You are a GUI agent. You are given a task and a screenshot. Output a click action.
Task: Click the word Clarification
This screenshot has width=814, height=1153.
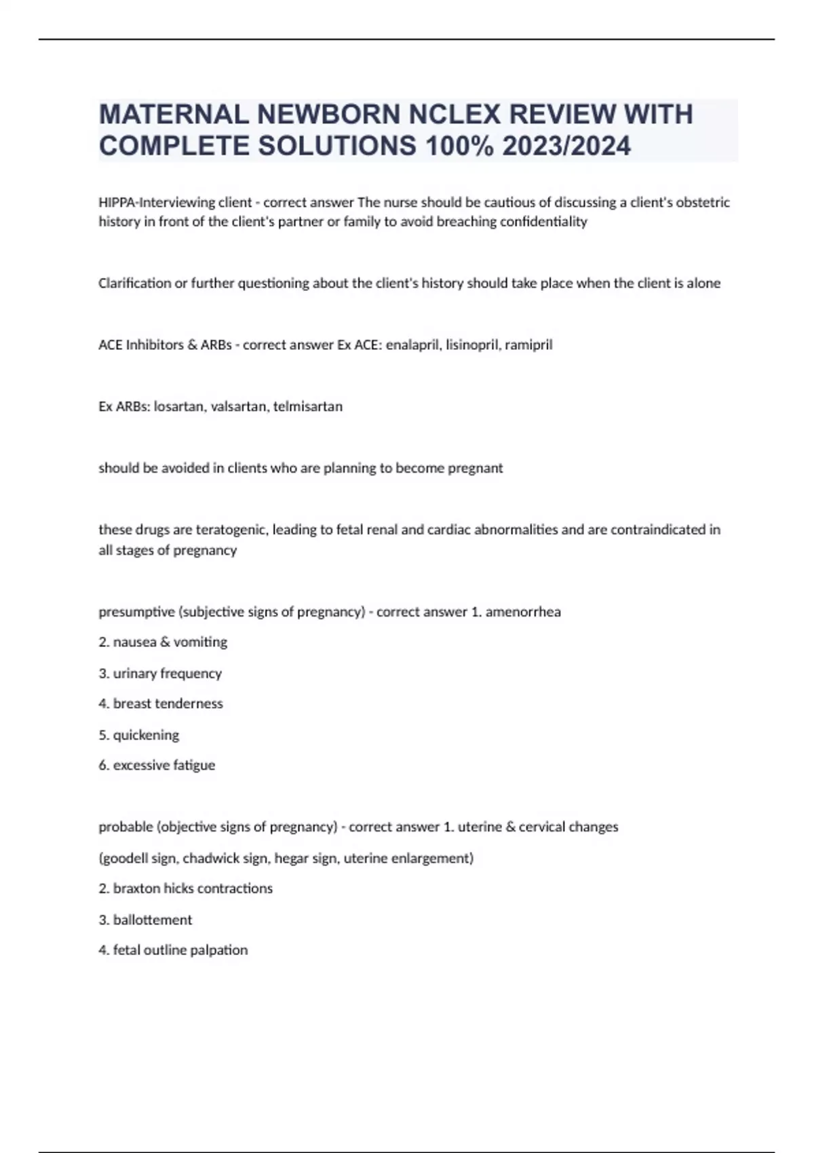[135, 284]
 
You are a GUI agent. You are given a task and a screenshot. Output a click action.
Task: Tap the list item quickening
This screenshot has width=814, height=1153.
[146, 735]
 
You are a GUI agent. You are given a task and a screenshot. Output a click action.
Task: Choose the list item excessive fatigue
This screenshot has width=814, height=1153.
[163, 766]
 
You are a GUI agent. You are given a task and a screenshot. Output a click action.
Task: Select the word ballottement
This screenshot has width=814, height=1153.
[152, 920]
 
